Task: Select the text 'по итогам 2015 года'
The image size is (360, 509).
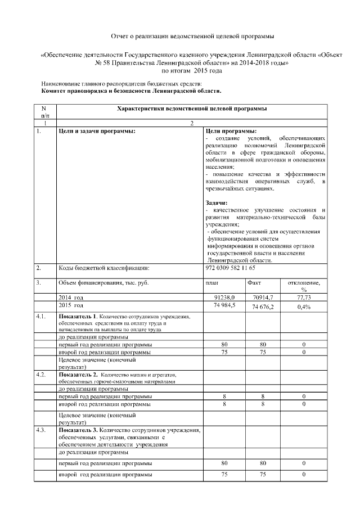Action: [x=192, y=71]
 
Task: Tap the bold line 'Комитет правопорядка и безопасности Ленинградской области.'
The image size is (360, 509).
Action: [x=131, y=90]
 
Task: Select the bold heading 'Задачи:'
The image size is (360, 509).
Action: [x=217, y=202]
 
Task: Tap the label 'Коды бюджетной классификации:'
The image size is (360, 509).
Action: [x=103, y=268]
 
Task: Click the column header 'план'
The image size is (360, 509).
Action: [x=212, y=283]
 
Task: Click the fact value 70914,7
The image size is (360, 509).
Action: [x=263, y=297]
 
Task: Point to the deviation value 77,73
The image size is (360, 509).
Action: [x=304, y=297]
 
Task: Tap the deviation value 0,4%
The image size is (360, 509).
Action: [x=304, y=307]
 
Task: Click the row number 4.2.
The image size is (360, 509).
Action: [x=40, y=374]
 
